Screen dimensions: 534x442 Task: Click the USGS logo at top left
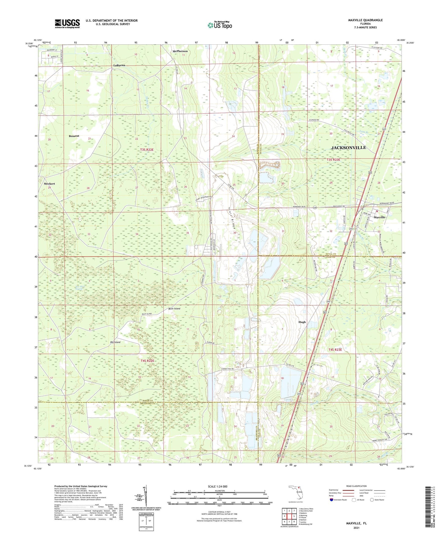(67, 24)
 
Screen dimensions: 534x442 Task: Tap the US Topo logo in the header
(220, 25)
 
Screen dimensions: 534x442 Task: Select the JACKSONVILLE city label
(348, 148)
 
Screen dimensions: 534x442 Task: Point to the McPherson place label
(180, 51)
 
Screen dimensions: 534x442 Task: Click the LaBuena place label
(119, 65)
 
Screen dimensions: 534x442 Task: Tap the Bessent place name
(74, 136)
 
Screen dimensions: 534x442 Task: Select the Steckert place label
(49, 184)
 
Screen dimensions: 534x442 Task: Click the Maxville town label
(379, 217)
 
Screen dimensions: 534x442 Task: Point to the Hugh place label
(302, 322)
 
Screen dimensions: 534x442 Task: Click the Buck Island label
(174, 309)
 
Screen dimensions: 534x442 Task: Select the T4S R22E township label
(147, 361)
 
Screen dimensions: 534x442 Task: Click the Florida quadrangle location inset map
(296, 493)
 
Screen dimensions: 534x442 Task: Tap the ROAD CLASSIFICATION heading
(356, 486)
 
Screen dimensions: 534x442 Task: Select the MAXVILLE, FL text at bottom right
(356, 523)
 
